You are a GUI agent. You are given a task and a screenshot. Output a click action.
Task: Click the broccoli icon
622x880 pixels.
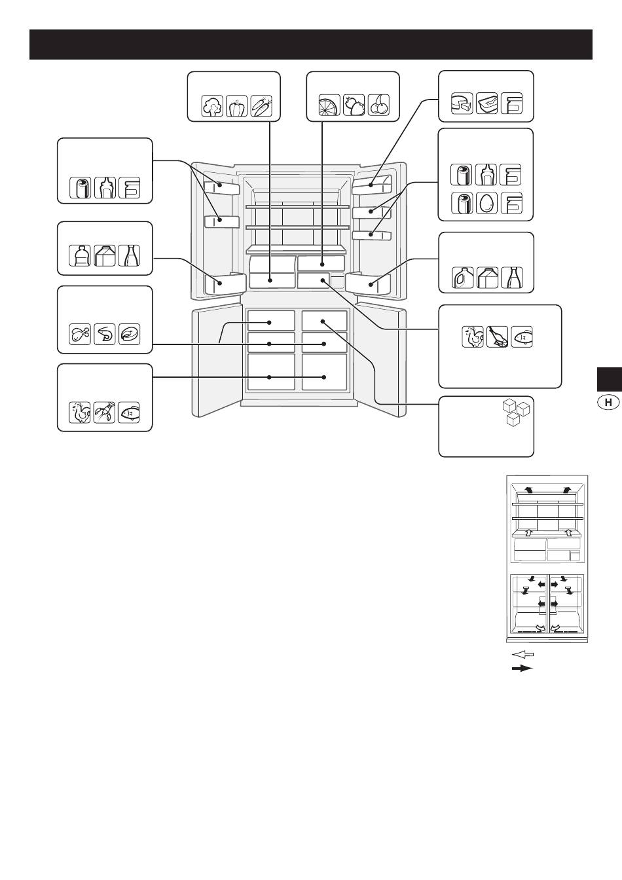point(212,105)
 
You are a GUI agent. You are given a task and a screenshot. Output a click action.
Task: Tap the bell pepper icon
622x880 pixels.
point(236,105)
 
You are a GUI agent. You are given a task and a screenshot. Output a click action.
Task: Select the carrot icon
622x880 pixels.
point(261,105)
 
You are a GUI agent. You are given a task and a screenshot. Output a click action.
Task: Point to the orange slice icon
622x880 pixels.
point(329,105)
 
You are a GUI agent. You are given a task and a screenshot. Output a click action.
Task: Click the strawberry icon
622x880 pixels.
point(354,105)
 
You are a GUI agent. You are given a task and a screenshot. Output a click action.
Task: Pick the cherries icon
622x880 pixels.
point(378,105)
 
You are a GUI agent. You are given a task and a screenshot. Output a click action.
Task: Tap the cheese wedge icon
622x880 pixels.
point(462,103)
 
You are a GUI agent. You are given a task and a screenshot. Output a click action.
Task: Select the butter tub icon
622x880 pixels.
point(486,103)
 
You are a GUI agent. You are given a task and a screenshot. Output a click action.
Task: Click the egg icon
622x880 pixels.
point(486,203)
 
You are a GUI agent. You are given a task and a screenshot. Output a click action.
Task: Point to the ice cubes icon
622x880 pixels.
point(517,413)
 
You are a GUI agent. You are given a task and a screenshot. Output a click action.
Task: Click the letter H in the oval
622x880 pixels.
point(608,402)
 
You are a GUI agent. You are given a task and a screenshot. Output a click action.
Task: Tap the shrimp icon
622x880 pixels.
point(105,334)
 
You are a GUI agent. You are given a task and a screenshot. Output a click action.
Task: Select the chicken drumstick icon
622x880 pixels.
point(80,334)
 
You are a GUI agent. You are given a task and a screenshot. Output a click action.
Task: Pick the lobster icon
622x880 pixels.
point(105,412)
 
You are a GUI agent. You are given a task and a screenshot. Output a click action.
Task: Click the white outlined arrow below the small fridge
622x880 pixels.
point(523,654)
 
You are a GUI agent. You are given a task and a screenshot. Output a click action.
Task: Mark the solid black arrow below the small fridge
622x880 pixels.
point(523,669)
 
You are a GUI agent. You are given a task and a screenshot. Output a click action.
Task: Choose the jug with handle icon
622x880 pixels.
point(462,278)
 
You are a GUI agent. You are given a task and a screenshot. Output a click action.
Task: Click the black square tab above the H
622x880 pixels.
point(610,380)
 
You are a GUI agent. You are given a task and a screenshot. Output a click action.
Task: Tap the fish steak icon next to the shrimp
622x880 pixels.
point(129,334)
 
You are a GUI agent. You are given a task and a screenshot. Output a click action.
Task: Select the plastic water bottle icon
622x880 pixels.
point(80,255)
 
